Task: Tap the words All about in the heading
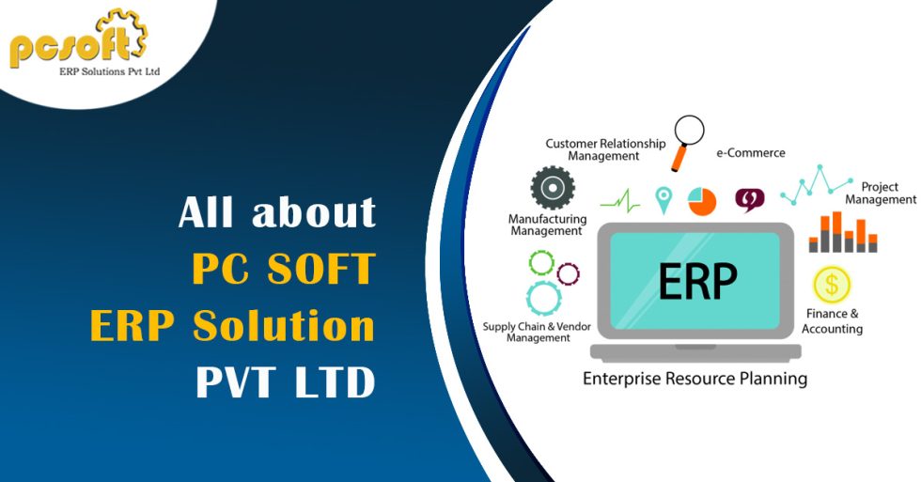point(277,213)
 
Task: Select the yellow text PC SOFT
point(283,270)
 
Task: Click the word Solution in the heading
point(284,327)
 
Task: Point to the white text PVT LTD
point(285,382)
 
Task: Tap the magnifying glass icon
point(689,133)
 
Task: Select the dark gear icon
point(553,188)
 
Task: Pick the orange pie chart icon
point(701,200)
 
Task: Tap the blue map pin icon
point(664,199)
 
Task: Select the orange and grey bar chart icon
point(842,233)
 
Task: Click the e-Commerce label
point(750,152)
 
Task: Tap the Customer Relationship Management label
point(604,149)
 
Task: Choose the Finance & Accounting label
point(832,321)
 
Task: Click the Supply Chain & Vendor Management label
point(539,332)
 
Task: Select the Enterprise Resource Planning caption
point(695,380)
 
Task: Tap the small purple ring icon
point(568,273)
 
